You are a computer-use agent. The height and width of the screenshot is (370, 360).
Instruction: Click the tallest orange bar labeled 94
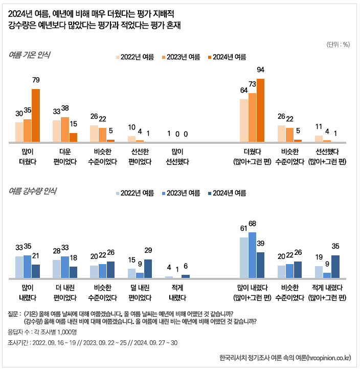click(x=260, y=110)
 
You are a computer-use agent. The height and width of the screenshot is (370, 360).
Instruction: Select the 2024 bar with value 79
click(x=36, y=115)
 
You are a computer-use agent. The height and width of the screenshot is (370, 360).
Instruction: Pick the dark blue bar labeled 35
click(x=335, y=267)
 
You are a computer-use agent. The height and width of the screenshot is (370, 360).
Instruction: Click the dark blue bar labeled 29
click(x=148, y=269)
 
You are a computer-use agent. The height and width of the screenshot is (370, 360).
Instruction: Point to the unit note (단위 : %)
click(x=337, y=44)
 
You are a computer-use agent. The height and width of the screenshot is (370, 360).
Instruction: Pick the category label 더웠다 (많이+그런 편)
click(x=252, y=157)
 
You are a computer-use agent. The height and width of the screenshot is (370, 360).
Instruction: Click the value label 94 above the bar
click(x=260, y=70)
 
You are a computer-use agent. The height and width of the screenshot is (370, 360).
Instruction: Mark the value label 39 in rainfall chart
click(x=260, y=243)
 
